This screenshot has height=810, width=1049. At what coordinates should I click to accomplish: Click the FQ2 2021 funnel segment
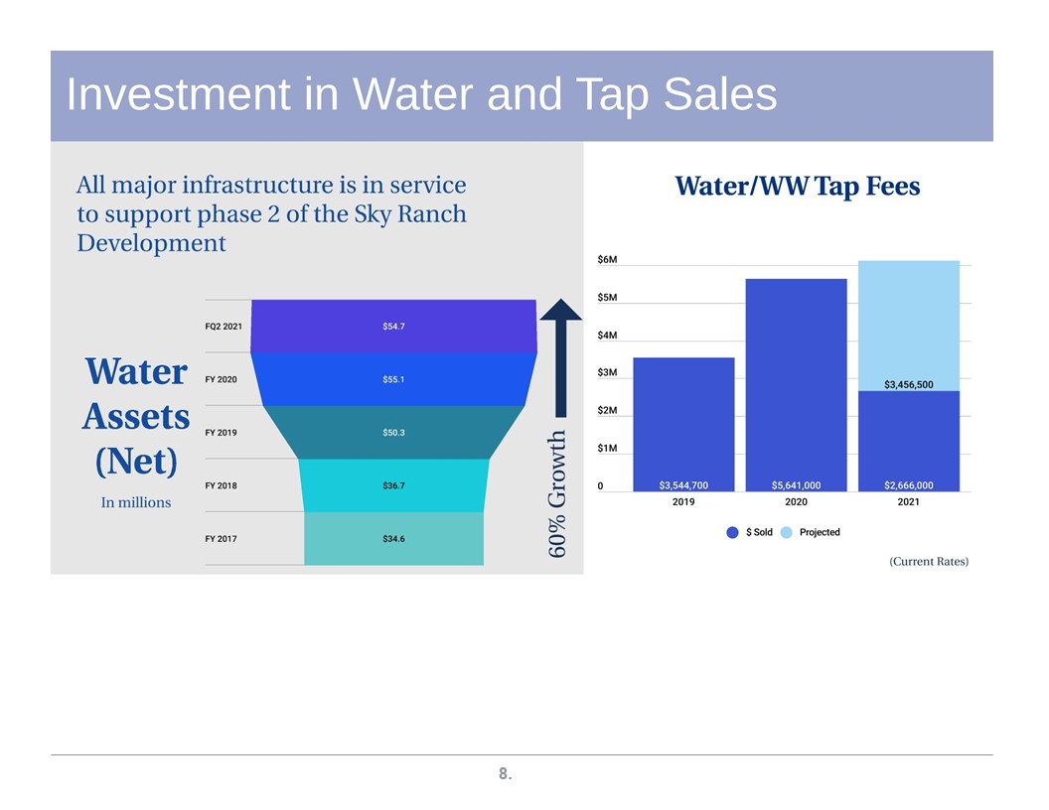393,327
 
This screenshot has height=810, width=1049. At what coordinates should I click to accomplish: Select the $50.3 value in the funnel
393,433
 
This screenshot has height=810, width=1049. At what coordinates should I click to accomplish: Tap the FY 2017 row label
221,539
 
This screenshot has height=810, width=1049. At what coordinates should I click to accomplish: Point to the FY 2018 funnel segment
393,485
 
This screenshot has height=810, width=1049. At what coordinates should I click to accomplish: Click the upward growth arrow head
560,310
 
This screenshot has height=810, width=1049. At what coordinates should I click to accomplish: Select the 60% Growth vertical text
556,493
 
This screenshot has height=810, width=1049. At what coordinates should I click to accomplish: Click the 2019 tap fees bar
683,425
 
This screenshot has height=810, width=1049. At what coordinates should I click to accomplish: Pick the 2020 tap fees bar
796,385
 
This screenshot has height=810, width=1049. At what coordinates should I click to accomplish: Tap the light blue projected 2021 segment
909,326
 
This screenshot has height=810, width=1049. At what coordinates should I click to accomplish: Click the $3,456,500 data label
909,384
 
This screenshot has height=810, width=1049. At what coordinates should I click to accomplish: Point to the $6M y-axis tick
608,259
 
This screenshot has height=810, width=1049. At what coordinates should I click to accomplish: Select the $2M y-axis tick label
608,410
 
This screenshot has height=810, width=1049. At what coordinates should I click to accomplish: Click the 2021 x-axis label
909,502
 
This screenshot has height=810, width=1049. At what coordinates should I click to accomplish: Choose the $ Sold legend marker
732,533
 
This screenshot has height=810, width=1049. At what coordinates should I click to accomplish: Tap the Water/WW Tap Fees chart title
798,186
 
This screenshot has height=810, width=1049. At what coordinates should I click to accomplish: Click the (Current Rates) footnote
929,562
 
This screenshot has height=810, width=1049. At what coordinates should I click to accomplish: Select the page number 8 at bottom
505,774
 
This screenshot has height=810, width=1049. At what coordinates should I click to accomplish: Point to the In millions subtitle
136,502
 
